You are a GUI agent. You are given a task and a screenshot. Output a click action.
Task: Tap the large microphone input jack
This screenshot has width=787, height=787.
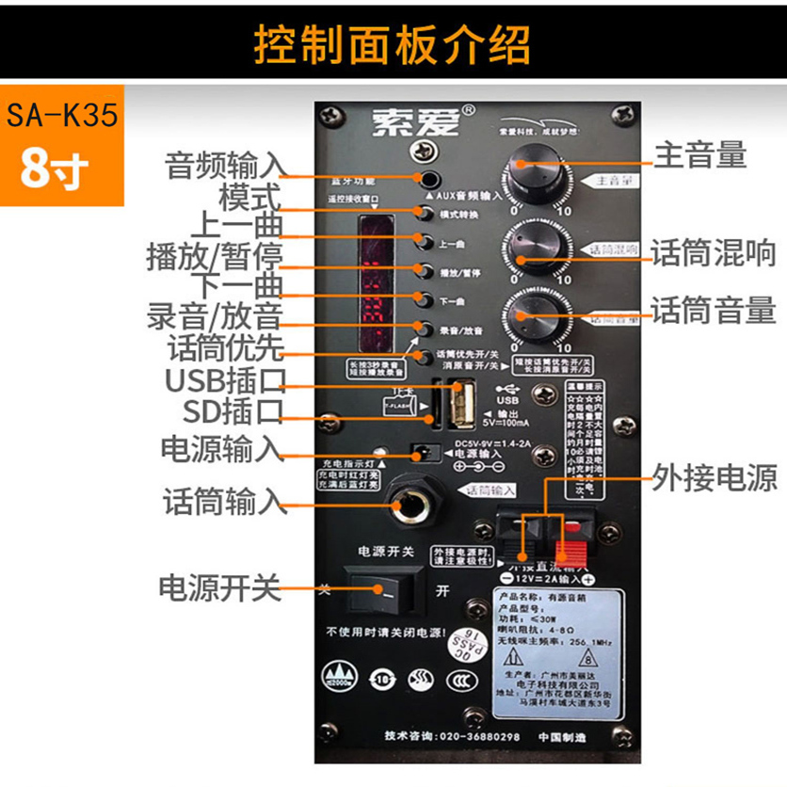[x=416, y=506]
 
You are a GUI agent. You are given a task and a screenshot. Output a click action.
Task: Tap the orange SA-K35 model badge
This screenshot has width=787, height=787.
[x=62, y=146]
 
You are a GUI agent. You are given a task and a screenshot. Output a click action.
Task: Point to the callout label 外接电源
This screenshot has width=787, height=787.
[x=715, y=477]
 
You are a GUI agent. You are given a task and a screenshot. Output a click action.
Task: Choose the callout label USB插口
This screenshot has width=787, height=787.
[x=225, y=381]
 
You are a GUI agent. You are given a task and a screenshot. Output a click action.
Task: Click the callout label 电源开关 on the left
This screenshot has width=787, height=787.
[x=220, y=589]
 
